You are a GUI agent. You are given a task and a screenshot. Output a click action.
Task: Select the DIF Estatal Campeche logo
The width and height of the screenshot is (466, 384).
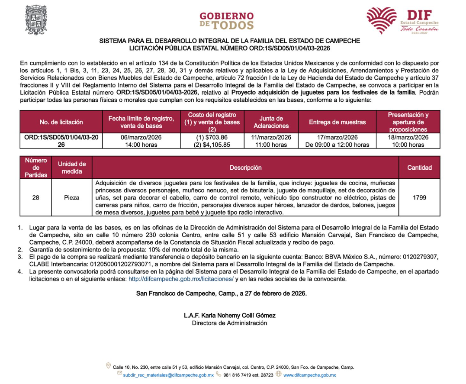pyautogui.click(x=402, y=20)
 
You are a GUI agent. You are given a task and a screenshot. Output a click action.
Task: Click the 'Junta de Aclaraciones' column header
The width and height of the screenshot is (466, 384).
pyautogui.click(x=271, y=122)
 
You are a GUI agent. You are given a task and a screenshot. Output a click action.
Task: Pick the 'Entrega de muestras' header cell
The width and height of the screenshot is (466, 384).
pyautogui.click(x=337, y=122)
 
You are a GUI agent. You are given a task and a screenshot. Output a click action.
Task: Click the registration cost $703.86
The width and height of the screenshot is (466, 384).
pyautogui.click(x=212, y=137)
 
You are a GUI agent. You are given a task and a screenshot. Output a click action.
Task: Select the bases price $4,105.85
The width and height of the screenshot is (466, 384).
pyautogui.click(x=212, y=145)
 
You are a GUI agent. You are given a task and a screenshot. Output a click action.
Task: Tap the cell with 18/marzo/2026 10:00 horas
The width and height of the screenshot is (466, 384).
pyautogui.click(x=408, y=141)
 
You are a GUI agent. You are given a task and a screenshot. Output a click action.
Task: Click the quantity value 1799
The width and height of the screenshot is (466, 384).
pyautogui.click(x=419, y=197)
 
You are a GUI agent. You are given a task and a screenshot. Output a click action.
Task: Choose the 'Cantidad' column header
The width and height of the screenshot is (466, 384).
pyautogui.click(x=419, y=168)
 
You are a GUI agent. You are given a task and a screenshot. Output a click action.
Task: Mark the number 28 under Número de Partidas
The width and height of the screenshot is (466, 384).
pyautogui.click(x=36, y=197)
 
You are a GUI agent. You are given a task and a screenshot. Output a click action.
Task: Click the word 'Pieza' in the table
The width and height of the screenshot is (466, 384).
pyautogui.click(x=71, y=197)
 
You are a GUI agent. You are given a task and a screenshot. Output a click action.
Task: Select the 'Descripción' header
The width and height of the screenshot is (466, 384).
pyautogui.click(x=245, y=168)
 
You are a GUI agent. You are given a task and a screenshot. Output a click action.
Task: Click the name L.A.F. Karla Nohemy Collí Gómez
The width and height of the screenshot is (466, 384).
pyautogui.click(x=229, y=315)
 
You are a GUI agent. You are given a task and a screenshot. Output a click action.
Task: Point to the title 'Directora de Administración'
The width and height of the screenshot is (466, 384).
pyautogui.click(x=229, y=323)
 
